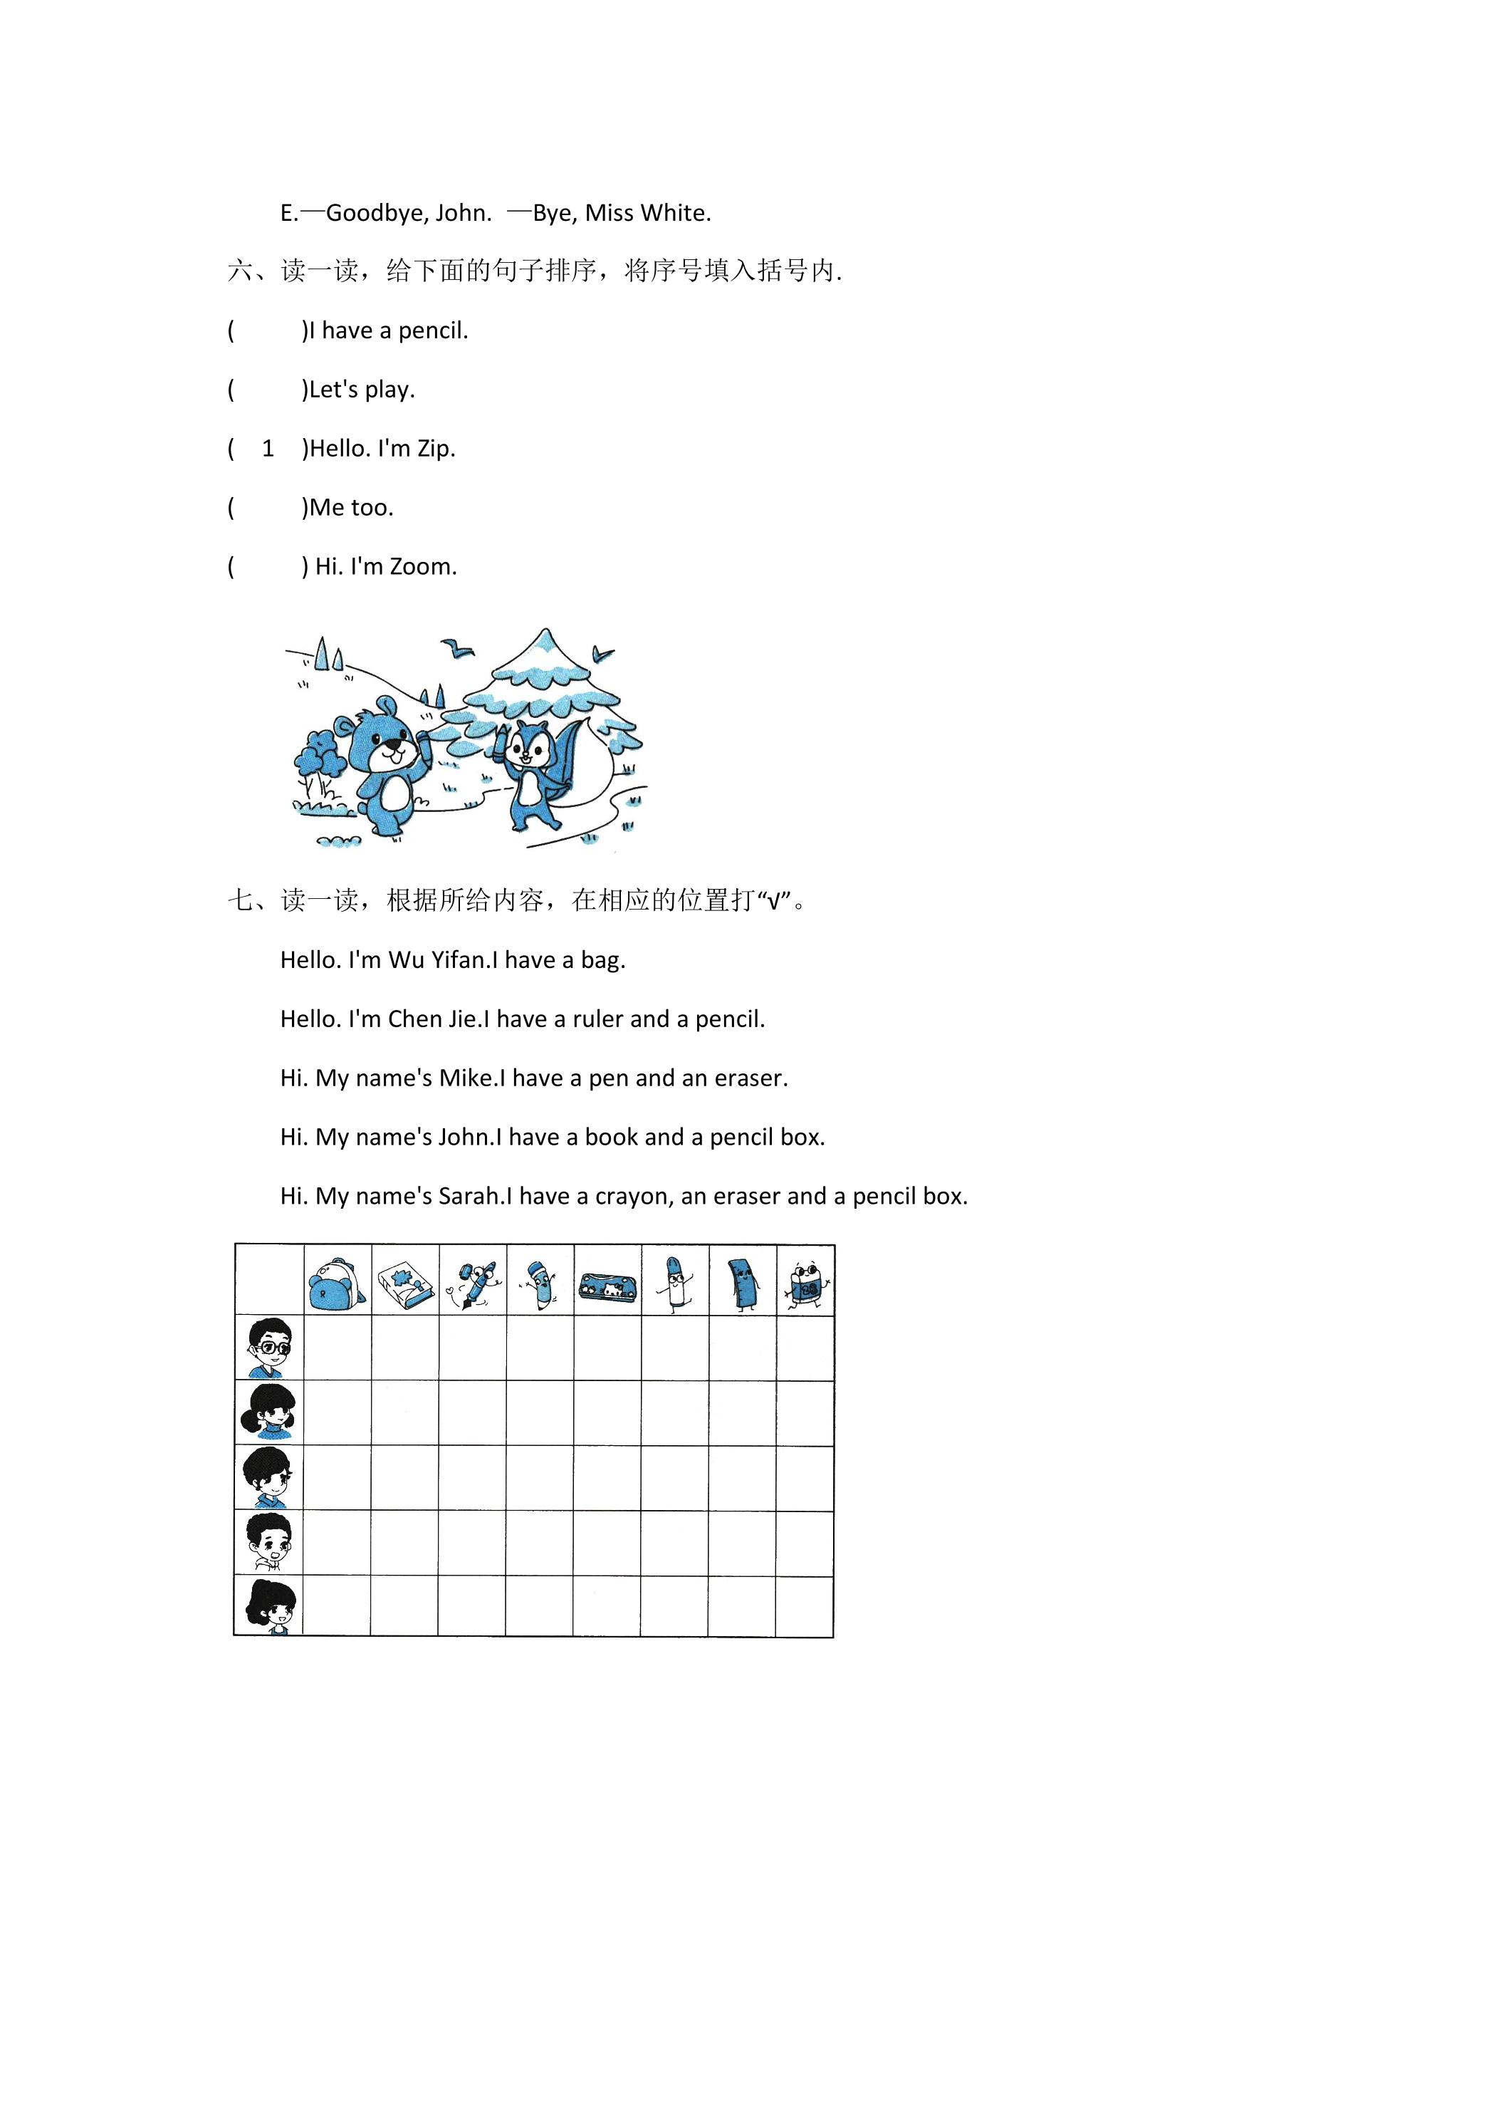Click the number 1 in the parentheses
pos(268,449)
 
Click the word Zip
pos(436,449)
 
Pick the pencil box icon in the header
pos(607,1285)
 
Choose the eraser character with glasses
pos(805,1284)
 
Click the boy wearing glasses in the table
pos(270,1348)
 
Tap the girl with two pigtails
pos(269,1412)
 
